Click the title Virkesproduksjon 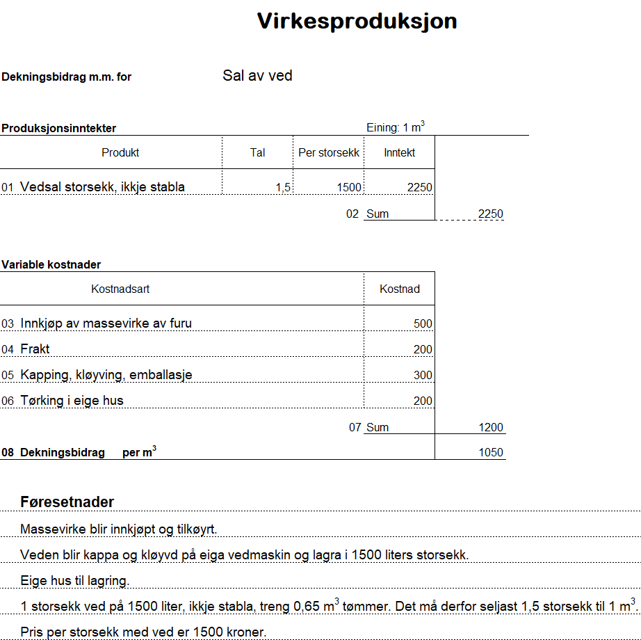357,22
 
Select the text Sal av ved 257,76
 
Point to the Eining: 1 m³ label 395,127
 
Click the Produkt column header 120,153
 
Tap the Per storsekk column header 329,153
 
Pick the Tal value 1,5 282,188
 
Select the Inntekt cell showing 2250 420,188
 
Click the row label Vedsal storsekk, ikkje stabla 102,187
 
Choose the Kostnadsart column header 120,289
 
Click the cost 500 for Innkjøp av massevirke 423,323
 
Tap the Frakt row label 35,349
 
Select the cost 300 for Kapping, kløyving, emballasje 423,375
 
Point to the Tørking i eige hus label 72,401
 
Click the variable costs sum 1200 491,427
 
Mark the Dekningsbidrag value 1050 491,453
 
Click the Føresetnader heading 67,502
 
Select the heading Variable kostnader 51,265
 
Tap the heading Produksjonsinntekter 58,129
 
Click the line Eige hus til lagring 75,581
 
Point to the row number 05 8,376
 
